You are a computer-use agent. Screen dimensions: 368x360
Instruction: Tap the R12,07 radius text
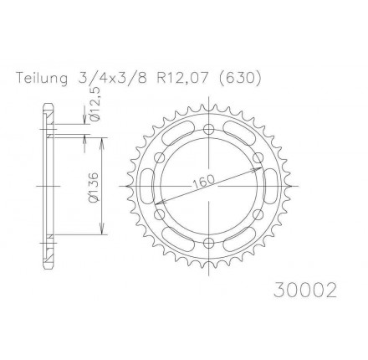coord(182,78)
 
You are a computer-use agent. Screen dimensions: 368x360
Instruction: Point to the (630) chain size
coord(239,78)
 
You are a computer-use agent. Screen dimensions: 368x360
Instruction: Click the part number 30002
coord(305,291)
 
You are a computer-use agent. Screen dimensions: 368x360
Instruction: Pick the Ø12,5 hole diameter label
coord(95,105)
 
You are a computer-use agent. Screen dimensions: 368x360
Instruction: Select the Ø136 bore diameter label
coord(94,187)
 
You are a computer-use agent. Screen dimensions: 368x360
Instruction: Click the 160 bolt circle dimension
coord(204,182)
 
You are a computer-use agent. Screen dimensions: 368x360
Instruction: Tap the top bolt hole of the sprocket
coord(208,129)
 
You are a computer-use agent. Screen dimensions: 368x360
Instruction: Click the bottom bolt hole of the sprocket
coord(208,243)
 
